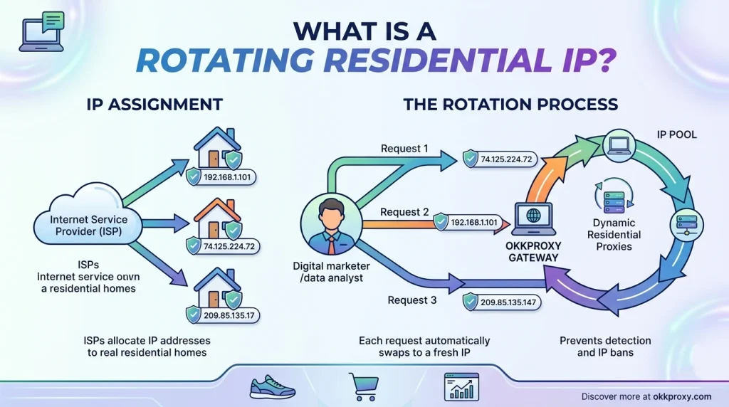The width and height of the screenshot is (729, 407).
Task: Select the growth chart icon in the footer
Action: click(458, 386)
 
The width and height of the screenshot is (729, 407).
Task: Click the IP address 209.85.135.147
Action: click(510, 302)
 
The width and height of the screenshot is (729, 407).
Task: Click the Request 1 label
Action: click(404, 149)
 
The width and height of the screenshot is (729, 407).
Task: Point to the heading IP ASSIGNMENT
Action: click(154, 105)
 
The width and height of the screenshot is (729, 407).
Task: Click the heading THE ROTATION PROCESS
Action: click(510, 105)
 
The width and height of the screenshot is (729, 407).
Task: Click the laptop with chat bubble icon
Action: click(41, 32)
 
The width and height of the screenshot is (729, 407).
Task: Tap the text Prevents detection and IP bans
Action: click(605, 347)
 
